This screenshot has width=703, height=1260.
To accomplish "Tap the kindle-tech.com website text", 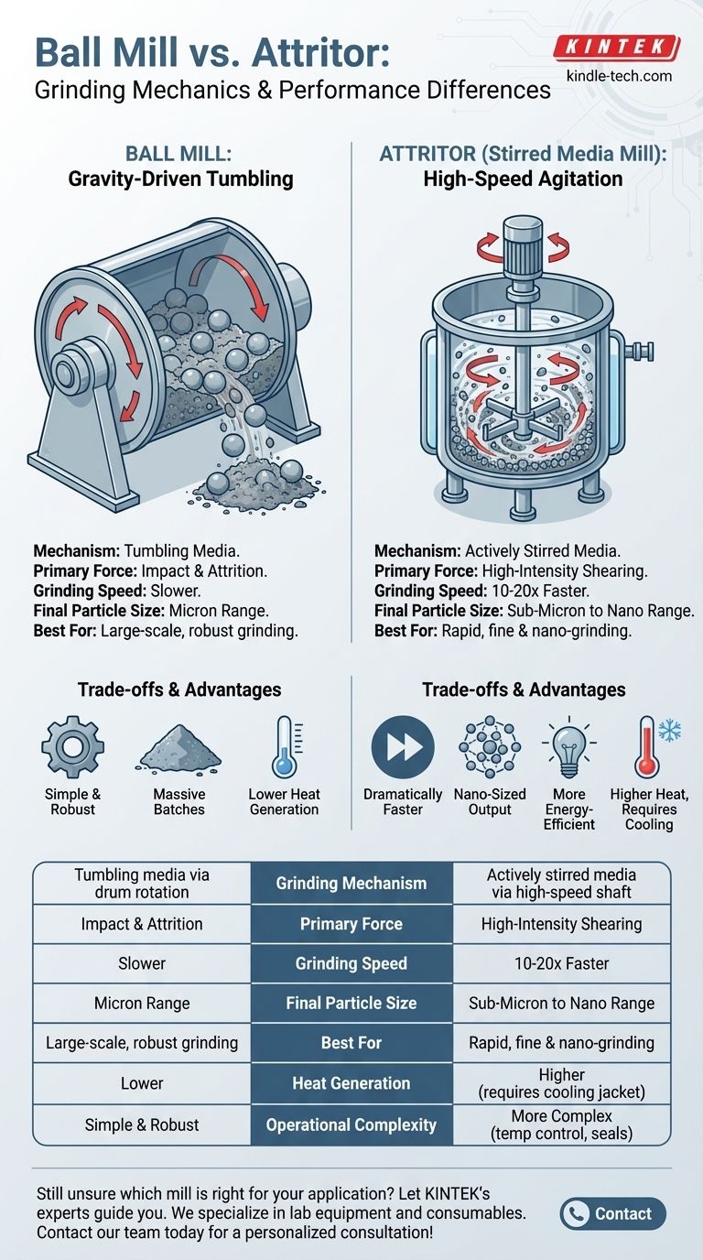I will pos(619,75).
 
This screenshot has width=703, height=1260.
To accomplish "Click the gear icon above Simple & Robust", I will pos(73,746).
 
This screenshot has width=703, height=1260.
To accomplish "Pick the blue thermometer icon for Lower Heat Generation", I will pos(284,747).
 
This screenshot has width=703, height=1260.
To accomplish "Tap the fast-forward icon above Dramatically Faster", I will pos(402,747).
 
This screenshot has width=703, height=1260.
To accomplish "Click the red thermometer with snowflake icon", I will pos(652,747).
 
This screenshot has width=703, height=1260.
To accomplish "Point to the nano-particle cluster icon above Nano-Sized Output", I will pos(490,747).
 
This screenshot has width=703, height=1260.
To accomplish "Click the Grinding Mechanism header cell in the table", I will pos(351,884).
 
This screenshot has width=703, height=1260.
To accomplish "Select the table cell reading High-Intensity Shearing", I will pos(561,924).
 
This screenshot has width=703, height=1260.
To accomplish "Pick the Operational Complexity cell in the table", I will pos(351,1124).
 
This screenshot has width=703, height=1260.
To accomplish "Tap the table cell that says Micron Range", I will pos(142,1003).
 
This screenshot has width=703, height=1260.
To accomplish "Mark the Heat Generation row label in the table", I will pos(351,1083).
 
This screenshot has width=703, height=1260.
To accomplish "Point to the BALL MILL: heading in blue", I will pos(179,154).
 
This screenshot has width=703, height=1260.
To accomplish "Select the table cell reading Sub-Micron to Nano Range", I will pos(561,1003).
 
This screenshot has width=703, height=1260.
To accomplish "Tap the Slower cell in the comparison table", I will pos(142,963).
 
